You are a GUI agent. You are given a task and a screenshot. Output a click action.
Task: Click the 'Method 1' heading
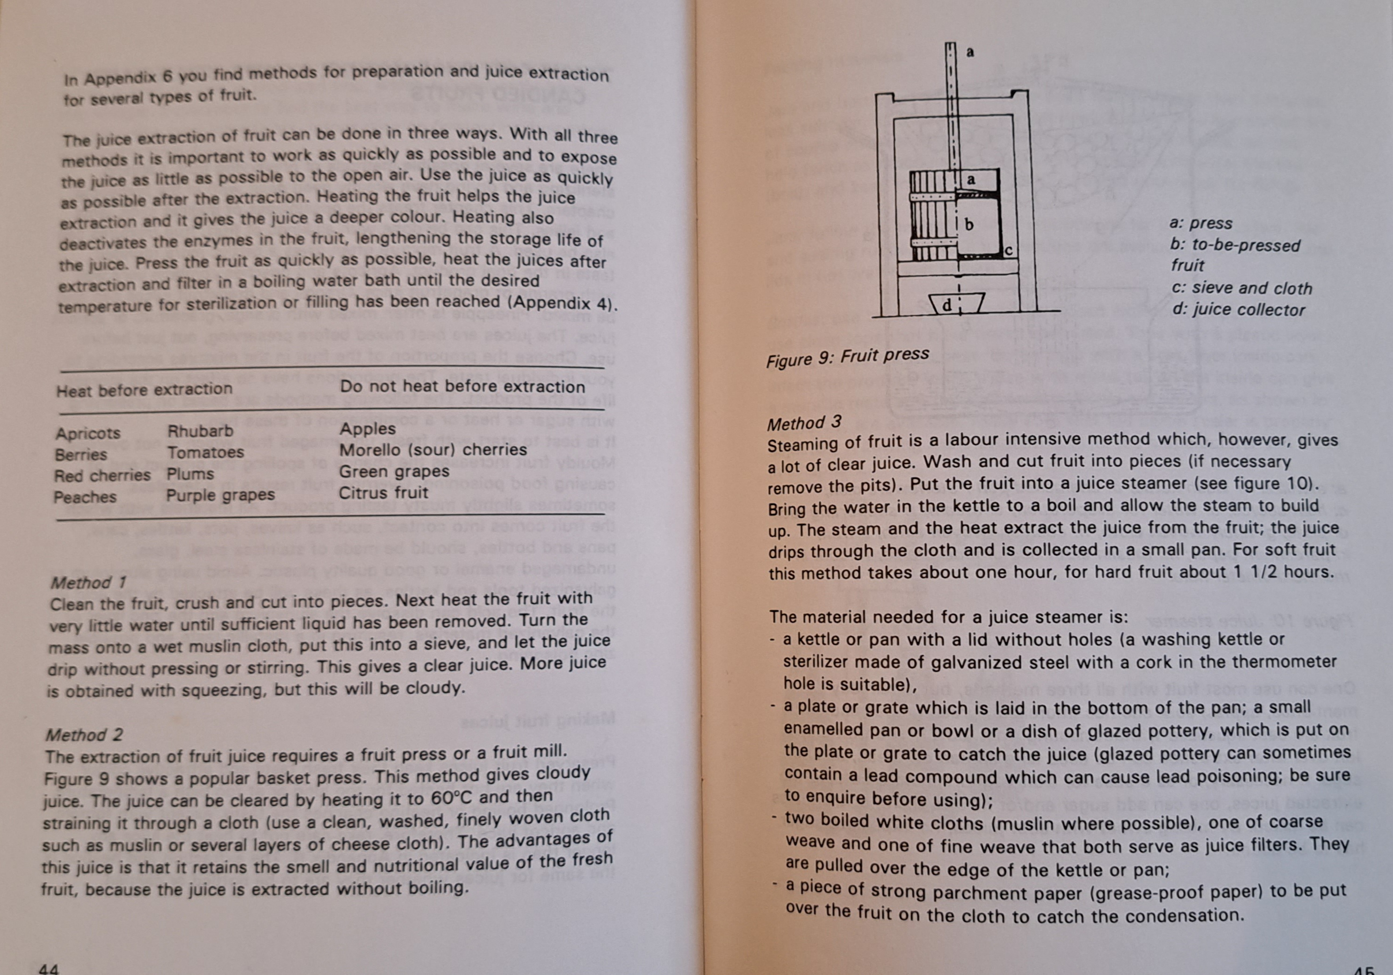click(88, 583)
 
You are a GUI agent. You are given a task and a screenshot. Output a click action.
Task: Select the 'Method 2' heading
click(84, 735)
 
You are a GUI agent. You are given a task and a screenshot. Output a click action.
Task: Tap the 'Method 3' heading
click(804, 422)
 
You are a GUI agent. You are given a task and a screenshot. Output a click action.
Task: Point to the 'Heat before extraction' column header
click(144, 389)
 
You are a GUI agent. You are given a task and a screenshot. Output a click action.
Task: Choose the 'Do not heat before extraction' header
click(462, 387)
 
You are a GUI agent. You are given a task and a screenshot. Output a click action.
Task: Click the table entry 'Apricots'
click(87, 434)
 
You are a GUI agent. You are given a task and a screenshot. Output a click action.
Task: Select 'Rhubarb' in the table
click(200, 431)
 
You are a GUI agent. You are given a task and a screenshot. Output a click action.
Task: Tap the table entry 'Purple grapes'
click(220, 495)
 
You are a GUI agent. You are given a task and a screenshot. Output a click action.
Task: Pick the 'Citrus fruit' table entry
click(383, 492)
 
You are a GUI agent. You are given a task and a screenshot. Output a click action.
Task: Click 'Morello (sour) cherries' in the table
click(433, 450)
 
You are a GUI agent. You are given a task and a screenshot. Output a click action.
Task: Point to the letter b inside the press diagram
click(969, 225)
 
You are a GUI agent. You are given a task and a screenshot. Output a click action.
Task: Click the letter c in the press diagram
click(1009, 250)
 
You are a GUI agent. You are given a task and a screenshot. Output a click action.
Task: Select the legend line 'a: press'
click(1201, 224)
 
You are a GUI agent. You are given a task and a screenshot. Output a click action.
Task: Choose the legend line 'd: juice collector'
click(1238, 310)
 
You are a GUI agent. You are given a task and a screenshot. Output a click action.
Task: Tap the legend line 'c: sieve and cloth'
click(1241, 288)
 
